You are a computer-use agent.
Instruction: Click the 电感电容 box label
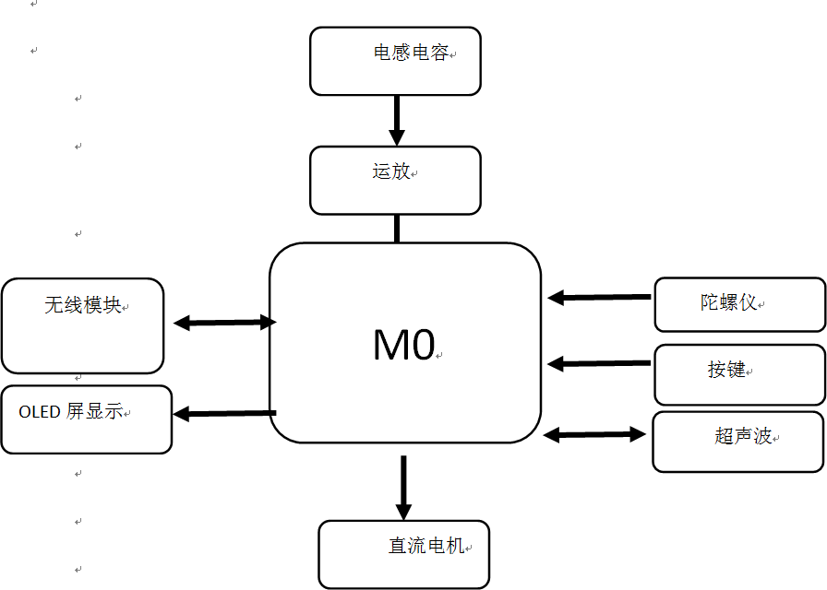click(411, 53)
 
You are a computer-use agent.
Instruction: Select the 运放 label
click(391, 171)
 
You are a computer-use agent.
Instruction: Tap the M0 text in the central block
click(403, 345)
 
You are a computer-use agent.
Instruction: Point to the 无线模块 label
click(82, 305)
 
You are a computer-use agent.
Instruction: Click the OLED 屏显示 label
click(71, 412)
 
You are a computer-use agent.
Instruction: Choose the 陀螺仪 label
click(728, 301)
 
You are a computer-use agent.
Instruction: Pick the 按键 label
click(726, 370)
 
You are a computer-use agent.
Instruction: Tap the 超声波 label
click(743, 436)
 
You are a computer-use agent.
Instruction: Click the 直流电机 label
click(425, 546)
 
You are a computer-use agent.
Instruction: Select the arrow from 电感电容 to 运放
click(397, 120)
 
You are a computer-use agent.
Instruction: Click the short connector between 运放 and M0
click(397, 228)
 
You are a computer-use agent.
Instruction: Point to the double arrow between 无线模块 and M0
click(225, 323)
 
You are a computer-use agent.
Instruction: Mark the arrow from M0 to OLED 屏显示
click(224, 413)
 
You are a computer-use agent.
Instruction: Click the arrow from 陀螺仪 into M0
click(599, 297)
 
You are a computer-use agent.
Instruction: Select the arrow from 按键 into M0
click(599, 363)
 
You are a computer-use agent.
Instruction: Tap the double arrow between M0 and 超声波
click(594, 434)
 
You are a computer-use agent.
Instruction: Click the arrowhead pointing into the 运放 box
click(397, 137)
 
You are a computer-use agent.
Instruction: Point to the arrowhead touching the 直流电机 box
click(403, 512)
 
